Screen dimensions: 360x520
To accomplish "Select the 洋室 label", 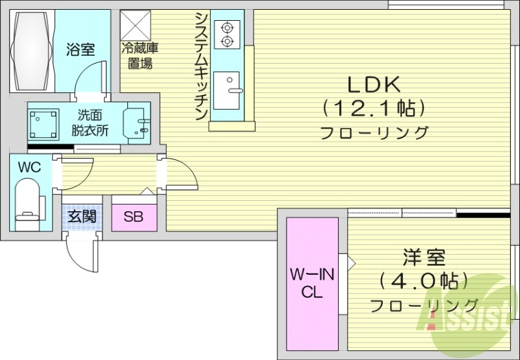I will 423,258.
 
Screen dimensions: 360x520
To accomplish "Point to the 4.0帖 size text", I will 424,281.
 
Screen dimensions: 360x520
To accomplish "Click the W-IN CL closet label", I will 312,284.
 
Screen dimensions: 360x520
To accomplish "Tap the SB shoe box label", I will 134,216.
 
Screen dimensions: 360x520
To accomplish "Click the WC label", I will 29,167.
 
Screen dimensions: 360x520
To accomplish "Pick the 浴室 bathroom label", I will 81,49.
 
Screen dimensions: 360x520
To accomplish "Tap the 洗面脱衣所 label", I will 90,123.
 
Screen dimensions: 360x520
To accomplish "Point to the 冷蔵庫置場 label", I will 138,55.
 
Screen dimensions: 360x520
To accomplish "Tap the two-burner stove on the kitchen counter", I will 227,34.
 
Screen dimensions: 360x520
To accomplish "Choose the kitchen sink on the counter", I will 227,92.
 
